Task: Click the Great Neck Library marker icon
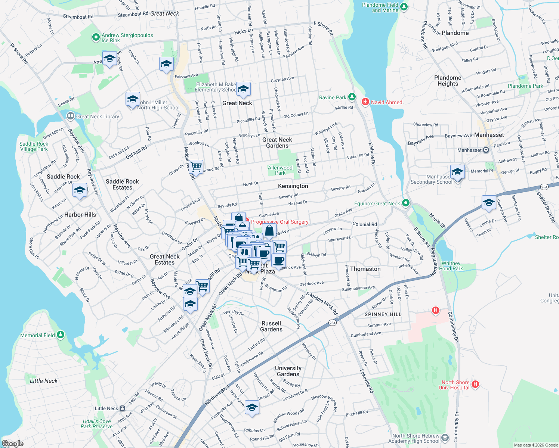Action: coord(70,116)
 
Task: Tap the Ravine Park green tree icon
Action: coord(352,97)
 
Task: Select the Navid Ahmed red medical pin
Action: coord(365,102)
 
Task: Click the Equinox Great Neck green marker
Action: coord(406,203)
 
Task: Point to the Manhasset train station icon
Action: coord(486,150)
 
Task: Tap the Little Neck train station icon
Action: coord(122,408)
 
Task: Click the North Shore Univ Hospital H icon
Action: coord(475,384)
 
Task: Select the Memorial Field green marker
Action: coord(61,335)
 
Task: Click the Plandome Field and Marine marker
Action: coord(404,7)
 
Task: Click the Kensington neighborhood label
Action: coord(293,186)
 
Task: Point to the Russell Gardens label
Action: coord(271,326)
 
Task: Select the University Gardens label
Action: coord(288,371)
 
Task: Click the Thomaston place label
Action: coord(365,269)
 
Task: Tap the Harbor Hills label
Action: coord(80,215)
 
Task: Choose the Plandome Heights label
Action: coord(448,81)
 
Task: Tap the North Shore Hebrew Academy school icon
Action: coord(445,437)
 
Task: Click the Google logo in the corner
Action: coord(12,444)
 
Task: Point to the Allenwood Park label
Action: coord(280,170)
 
